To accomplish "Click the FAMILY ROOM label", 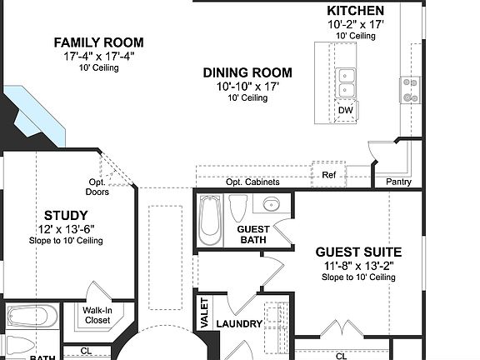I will point(98,42).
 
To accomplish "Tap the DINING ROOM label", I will point(247,72).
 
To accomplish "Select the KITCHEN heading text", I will point(355,11).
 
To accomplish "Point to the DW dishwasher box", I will point(345,109).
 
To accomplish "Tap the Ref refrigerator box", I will point(328,175).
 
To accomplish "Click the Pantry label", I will point(398,182).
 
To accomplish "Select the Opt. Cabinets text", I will point(252,182).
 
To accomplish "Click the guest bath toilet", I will point(238,207).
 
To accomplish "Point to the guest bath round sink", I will point(271,204).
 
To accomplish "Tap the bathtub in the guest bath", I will point(209,220).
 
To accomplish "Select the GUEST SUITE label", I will point(358,252).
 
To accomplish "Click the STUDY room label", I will point(60,215).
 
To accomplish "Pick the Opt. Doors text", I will point(98,187).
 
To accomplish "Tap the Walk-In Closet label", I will point(98,314).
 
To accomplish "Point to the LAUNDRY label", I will point(239,324).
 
